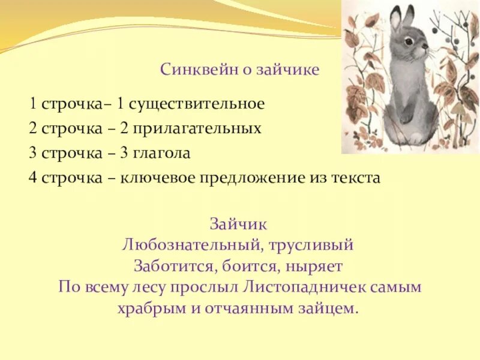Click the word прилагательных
pyautogui.click(x=199, y=128)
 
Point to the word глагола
pyautogui.click(x=164, y=153)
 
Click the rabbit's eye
pyautogui.click(x=407, y=41)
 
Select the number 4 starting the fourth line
pyautogui.click(x=31, y=178)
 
